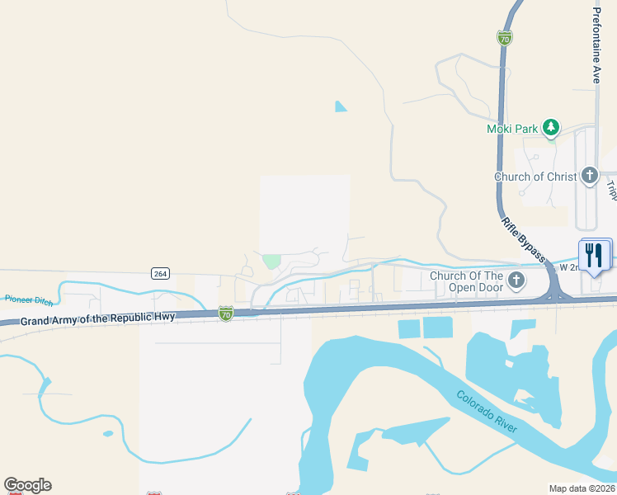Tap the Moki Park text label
(x=511, y=129)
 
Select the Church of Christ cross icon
(x=589, y=176)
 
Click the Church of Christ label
(x=535, y=177)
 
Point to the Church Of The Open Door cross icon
(x=516, y=280)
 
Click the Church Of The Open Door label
(x=466, y=281)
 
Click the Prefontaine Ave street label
(x=596, y=45)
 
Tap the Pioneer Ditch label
(x=29, y=299)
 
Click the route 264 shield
(x=160, y=273)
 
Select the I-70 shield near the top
(x=505, y=38)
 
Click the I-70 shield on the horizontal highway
(x=226, y=313)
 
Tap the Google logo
(x=27, y=485)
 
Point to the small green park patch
(x=271, y=261)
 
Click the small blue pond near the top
(x=341, y=106)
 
